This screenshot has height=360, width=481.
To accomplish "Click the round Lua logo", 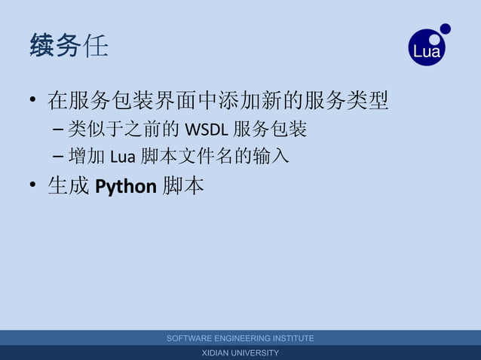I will pos(427,47).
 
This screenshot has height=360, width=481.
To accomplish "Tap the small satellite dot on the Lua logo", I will pos(445,29).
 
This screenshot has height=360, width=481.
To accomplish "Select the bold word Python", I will pos(125,186).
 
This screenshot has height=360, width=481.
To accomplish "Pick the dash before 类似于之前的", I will pos(59,130).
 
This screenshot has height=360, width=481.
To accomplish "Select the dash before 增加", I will pos(59,157).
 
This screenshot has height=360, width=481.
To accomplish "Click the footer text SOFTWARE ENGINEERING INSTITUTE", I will pos(240,339).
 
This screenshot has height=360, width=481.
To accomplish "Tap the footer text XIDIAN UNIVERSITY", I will pos(240,353).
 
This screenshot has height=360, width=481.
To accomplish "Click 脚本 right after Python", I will pos(183,186).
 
